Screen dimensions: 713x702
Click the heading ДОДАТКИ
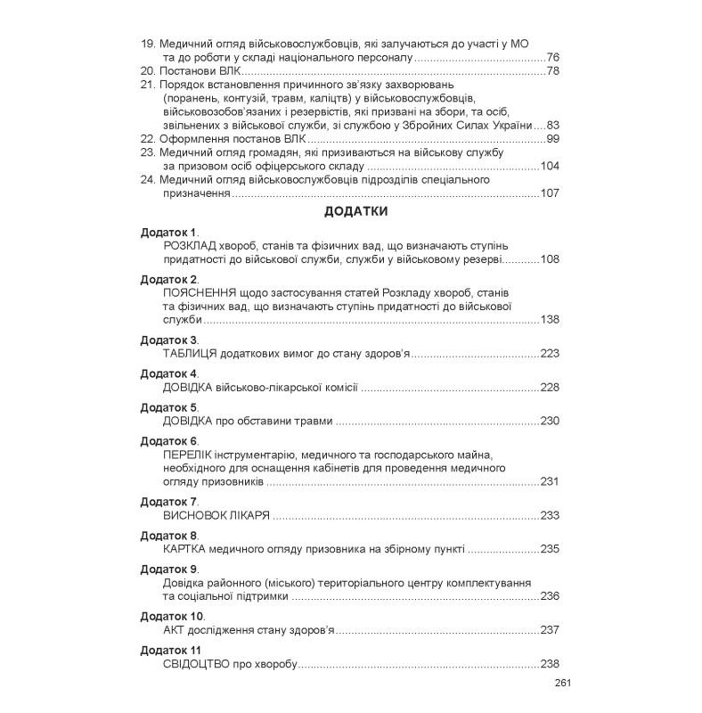coord(355,212)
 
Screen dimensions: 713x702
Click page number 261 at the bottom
coord(560,684)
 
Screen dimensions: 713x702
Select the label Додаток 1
coord(168,233)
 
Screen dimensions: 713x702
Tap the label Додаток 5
coord(168,407)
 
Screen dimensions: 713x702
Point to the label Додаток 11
coord(171,650)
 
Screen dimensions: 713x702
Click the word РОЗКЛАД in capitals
coord(190,246)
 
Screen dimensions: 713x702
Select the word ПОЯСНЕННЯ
coord(198,292)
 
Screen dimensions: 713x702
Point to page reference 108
coord(549,259)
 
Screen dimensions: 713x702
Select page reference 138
coord(549,319)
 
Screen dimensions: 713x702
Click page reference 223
coord(549,354)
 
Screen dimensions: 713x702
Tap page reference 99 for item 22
coord(552,139)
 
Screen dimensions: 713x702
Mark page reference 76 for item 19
coord(552,56)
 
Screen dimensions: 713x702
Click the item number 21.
coord(148,85)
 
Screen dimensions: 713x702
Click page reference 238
coord(549,664)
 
